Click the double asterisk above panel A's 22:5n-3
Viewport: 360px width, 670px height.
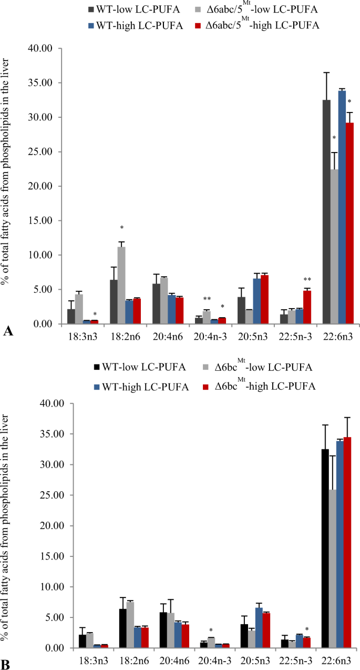click(307, 280)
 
